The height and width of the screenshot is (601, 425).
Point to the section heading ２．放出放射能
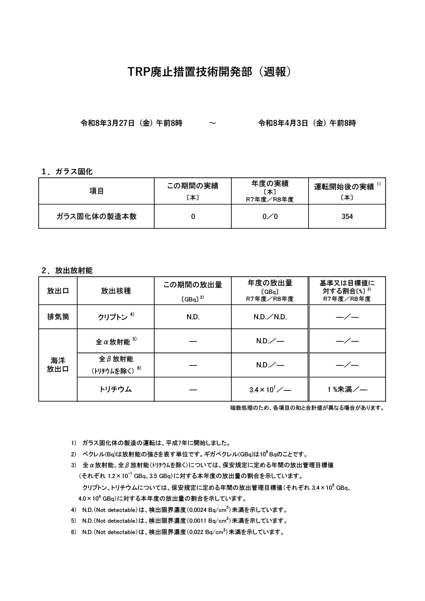(67, 270)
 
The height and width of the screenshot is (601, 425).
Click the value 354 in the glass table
(347, 217)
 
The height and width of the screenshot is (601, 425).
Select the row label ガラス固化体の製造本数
(97, 217)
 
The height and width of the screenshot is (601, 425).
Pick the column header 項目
(97, 191)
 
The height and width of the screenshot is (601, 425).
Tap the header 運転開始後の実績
(344, 187)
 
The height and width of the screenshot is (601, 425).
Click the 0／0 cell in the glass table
(270, 217)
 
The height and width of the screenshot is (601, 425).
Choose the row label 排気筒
(58, 317)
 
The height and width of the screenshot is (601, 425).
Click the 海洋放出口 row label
(58, 365)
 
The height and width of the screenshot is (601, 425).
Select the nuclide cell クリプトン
(113, 317)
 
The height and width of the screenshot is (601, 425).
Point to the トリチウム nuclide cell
(116, 390)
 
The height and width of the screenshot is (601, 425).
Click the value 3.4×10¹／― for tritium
(270, 390)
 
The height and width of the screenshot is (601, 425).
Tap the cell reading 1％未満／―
(347, 390)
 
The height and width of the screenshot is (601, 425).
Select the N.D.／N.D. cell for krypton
(270, 317)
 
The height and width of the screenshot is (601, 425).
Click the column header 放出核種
(116, 291)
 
